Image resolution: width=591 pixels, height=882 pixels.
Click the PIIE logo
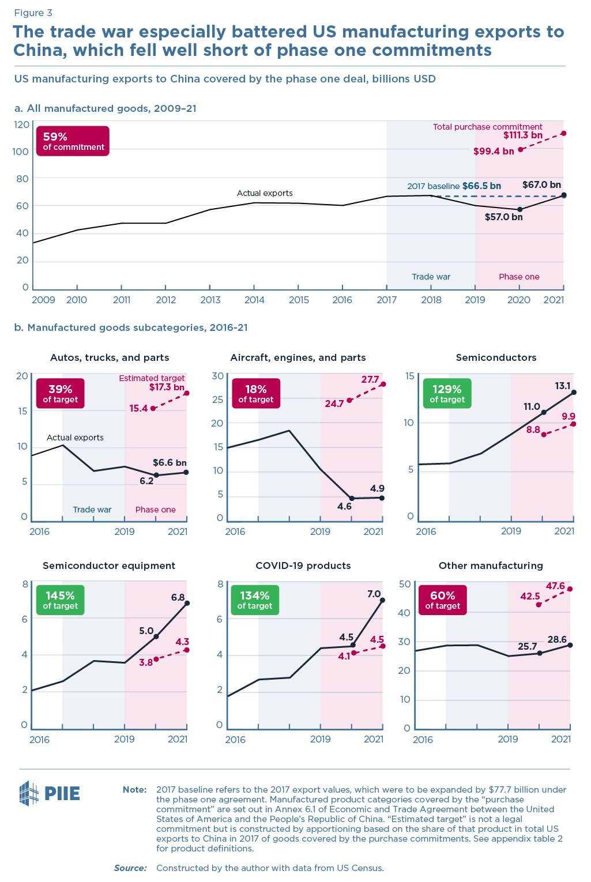coord(50,793)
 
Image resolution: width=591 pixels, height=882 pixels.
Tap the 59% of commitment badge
coord(73,141)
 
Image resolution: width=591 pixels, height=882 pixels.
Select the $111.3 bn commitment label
coord(522,135)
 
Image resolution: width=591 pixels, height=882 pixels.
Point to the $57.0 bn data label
coord(503,217)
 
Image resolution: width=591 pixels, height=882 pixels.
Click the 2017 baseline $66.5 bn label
coord(454,186)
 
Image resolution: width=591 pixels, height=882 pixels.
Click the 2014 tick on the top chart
coord(254,300)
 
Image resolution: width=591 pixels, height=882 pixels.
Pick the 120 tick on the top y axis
coord(21,125)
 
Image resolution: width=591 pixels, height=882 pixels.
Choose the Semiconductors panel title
coord(496,357)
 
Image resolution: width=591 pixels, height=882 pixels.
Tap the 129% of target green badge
coord(447,393)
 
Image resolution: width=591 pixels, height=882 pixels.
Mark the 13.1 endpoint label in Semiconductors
coord(563,386)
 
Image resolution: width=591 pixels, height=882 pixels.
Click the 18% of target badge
coord(256,393)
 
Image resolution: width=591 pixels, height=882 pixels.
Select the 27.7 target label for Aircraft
coord(370,380)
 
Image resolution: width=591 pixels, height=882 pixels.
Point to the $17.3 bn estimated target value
coord(167,387)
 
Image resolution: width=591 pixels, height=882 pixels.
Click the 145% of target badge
coord(60,600)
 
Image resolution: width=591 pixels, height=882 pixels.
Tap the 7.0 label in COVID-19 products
coord(374,594)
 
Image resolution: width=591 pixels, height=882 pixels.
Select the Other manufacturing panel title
coord(491,566)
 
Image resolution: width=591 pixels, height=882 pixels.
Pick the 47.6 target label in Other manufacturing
coord(555,586)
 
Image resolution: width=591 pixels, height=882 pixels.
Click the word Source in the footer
coord(130,868)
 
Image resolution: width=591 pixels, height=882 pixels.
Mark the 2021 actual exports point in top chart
coord(563,195)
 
